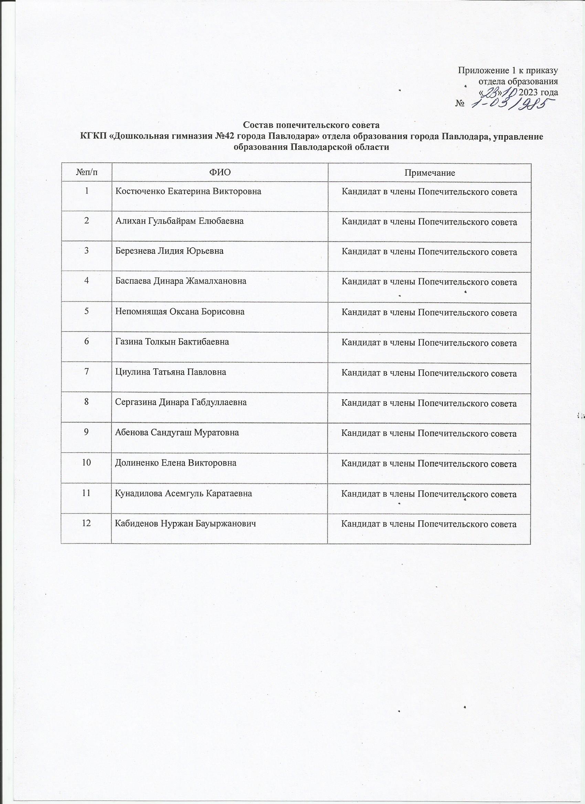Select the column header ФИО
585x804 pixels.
(220, 173)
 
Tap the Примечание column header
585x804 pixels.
(429, 173)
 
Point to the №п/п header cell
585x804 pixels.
(87, 173)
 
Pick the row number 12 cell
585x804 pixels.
(87, 523)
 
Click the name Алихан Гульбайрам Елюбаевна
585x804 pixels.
(180, 221)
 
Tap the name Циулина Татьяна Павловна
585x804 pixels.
(171, 372)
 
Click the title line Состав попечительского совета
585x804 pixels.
(311, 125)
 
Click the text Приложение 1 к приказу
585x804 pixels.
(508, 70)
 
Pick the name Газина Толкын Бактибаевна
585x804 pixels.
(172, 342)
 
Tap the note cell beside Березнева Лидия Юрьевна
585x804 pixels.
(429, 252)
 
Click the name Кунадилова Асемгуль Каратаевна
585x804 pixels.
(184, 493)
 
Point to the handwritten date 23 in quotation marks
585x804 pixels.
(491, 92)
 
